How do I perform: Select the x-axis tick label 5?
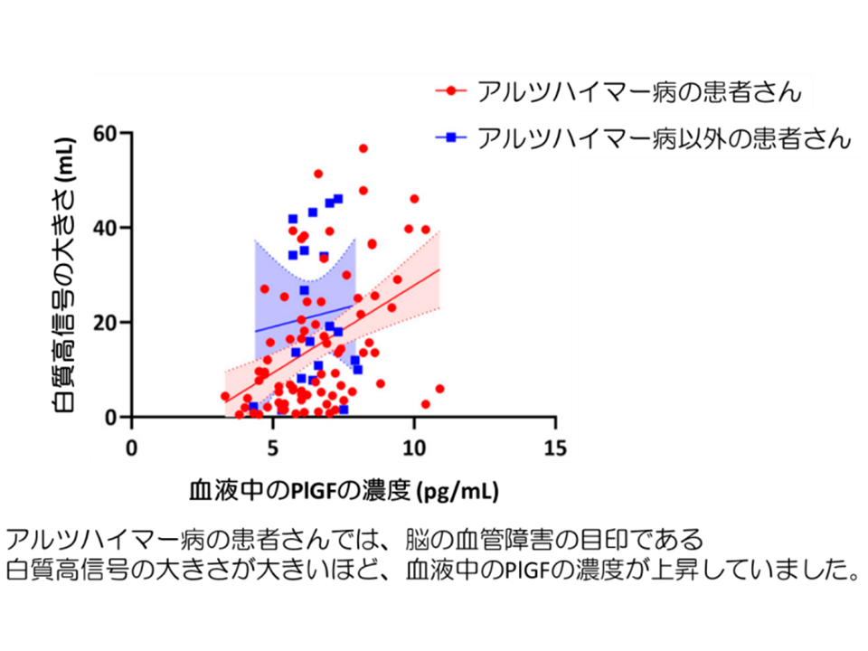click(x=273, y=448)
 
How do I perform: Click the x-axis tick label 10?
click(x=414, y=448)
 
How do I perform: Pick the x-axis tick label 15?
click(x=555, y=448)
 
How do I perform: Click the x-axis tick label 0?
click(x=132, y=448)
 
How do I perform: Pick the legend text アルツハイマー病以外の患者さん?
click(x=665, y=137)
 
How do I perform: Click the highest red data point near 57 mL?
click(x=363, y=148)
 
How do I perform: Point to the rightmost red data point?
click(x=439, y=389)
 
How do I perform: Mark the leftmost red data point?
click(x=225, y=396)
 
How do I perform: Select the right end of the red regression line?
click(x=439, y=269)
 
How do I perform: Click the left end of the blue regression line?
click(x=255, y=332)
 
